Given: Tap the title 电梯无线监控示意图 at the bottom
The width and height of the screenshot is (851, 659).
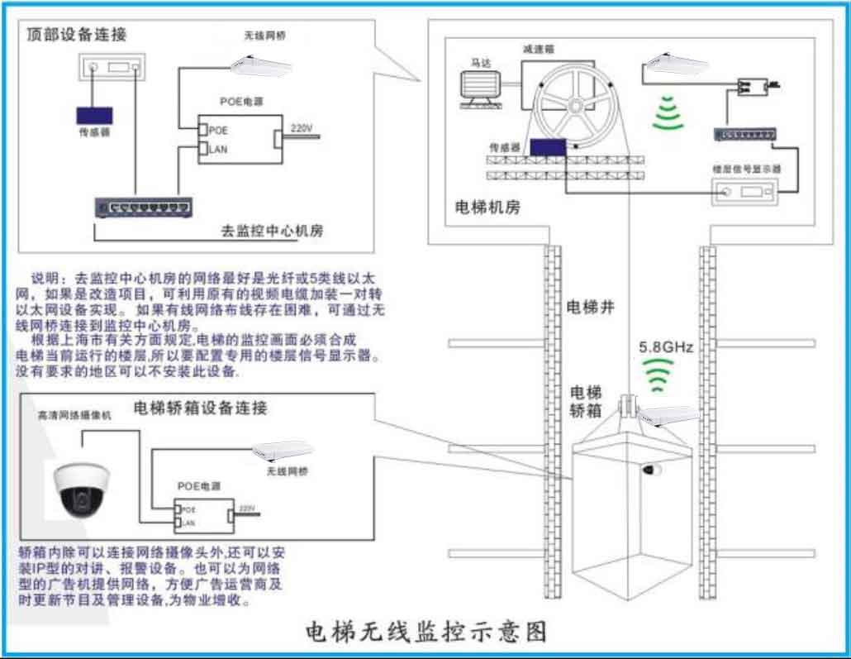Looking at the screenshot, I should pyautogui.click(x=426, y=632).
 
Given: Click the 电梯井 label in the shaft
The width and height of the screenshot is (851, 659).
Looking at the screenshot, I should pyautogui.click(x=589, y=308).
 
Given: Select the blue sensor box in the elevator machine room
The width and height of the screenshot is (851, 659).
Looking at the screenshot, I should pyautogui.click(x=547, y=146).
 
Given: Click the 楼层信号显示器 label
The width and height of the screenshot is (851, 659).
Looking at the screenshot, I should pyautogui.click(x=747, y=169).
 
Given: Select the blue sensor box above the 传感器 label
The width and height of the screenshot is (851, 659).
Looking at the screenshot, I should pyautogui.click(x=95, y=116).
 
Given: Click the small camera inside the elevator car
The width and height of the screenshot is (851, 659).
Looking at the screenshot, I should pyautogui.click(x=653, y=470).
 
